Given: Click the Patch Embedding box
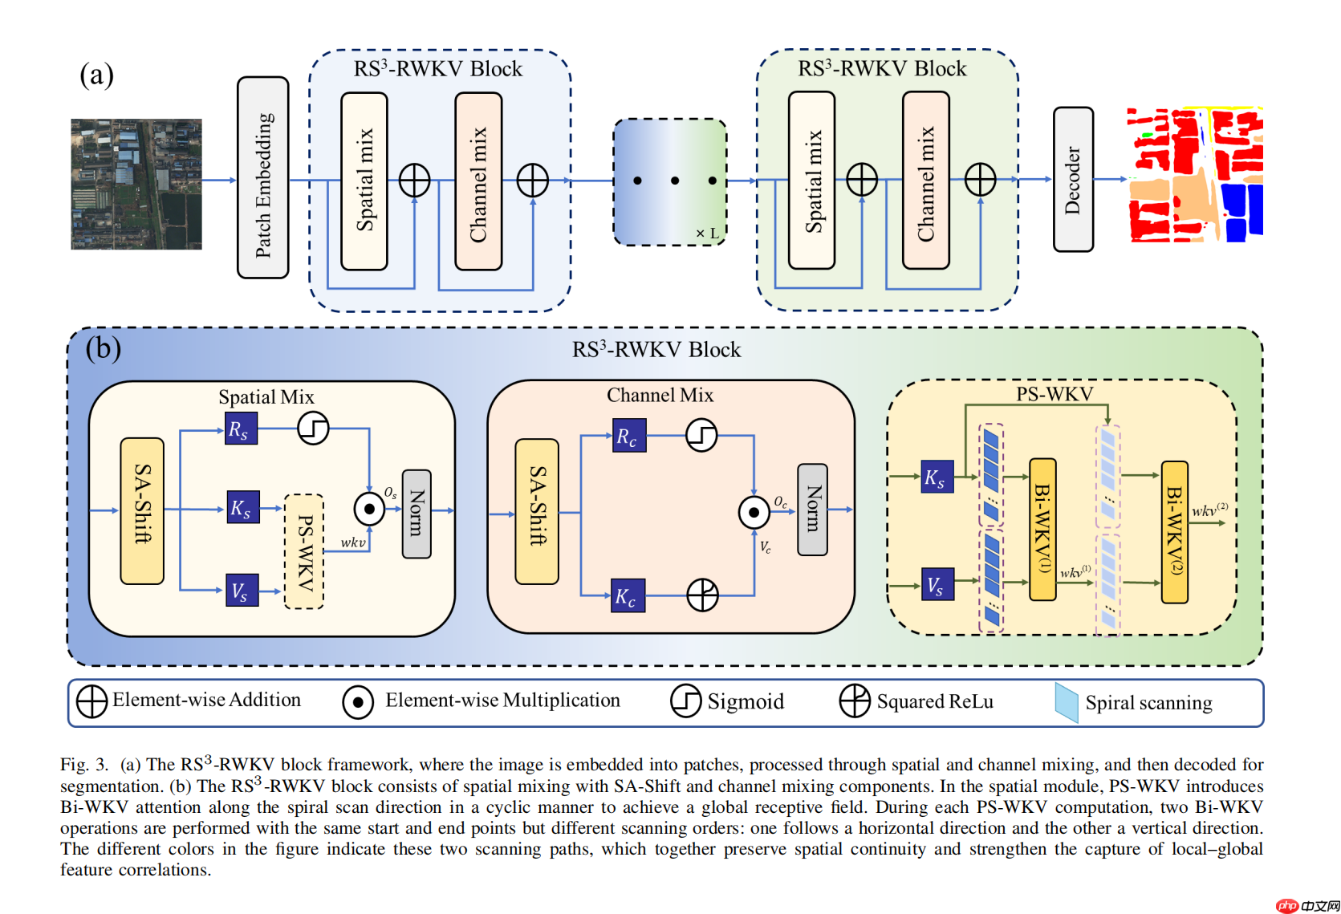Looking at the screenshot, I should click(x=262, y=177).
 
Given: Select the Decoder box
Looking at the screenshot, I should click(x=1073, y=179).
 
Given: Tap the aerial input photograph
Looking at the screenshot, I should click(x=136, y=184).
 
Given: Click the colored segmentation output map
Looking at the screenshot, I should click(x=1196, y=175).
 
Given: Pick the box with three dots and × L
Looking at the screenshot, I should click(x=670, y=182).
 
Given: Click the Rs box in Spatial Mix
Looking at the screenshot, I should click(x=241, y=429).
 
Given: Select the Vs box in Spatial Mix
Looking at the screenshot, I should click(x=242, y=590).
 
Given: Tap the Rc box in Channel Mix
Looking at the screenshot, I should click(x=629, y=436).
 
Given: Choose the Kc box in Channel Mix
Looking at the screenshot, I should click(x=628, y=595).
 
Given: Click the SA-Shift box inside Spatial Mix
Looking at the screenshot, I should click(x=142, y=510).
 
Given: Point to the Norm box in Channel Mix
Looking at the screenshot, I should click(x=812, y=510).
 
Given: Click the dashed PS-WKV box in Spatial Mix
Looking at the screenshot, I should click(x=304, y=551).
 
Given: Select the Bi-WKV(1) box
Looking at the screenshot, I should click(x=1042, y=529).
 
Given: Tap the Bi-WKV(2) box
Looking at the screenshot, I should click(x=1174, y=531).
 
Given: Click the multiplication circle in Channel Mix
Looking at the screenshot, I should click(x=754, y=512).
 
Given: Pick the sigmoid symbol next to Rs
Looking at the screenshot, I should click(x=313, y=428).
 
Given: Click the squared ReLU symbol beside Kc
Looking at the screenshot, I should click(x=702, y=595).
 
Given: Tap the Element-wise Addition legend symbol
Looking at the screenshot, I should click(x=91, y=701).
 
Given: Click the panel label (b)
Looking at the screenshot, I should click(x=104, y=347).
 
